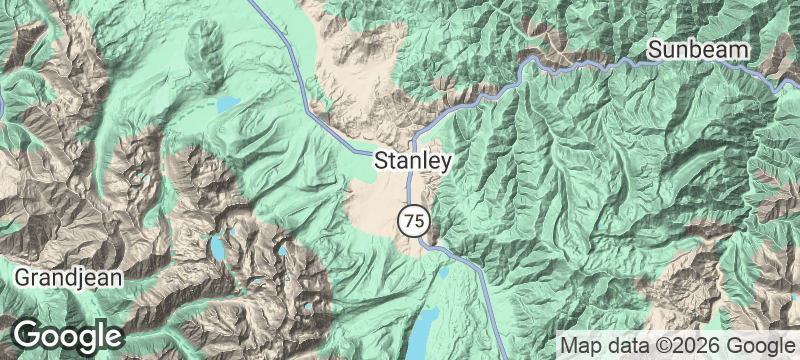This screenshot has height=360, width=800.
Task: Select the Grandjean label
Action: [x=68, y=275]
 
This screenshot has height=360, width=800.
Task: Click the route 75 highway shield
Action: [x=412, y=219]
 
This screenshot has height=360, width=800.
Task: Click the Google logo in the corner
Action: [x=67, y=336]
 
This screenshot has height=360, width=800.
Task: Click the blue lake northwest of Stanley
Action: [x=228, y=103]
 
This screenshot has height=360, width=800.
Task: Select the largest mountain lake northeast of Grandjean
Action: [x=215, y=246]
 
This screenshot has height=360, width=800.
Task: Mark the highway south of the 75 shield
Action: [x=470, y=265]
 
